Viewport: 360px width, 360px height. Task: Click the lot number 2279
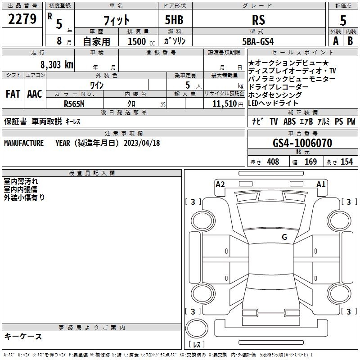click(x=22, y=19)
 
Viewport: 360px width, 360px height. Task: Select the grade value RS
click(x=258, y=20)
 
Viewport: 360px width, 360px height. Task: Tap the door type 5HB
click(x=174, y=20)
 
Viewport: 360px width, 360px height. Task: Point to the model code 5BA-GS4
click(x=258, y=41)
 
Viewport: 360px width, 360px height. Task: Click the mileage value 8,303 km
click(x=57, y=65)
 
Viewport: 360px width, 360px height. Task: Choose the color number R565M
click(x=74, y=104)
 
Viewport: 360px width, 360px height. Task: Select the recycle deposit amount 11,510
click(x=225, y=104)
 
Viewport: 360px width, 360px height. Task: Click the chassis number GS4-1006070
click(x=302, y=143)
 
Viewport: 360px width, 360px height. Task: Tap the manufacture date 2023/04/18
click(x=142, y=143)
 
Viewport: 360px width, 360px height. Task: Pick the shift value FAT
click(x=13, y=94)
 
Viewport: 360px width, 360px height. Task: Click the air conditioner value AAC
click(x=35, y=94)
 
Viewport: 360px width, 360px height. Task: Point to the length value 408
click(x=273, y=162)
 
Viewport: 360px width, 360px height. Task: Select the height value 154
click(x=346, y=162)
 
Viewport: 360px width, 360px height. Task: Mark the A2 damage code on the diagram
click(x=220, y=184)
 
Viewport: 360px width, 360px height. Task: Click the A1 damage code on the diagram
click(x=321, y=184)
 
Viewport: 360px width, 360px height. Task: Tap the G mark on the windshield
click(x=284, y=237)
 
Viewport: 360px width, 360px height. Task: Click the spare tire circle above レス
click(x=197, y=329)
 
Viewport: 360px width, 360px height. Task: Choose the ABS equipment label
click(x=289, y=121)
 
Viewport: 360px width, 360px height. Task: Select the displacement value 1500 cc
click(x=141, y=41)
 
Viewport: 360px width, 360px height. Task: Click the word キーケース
click(x=23, y=337)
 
